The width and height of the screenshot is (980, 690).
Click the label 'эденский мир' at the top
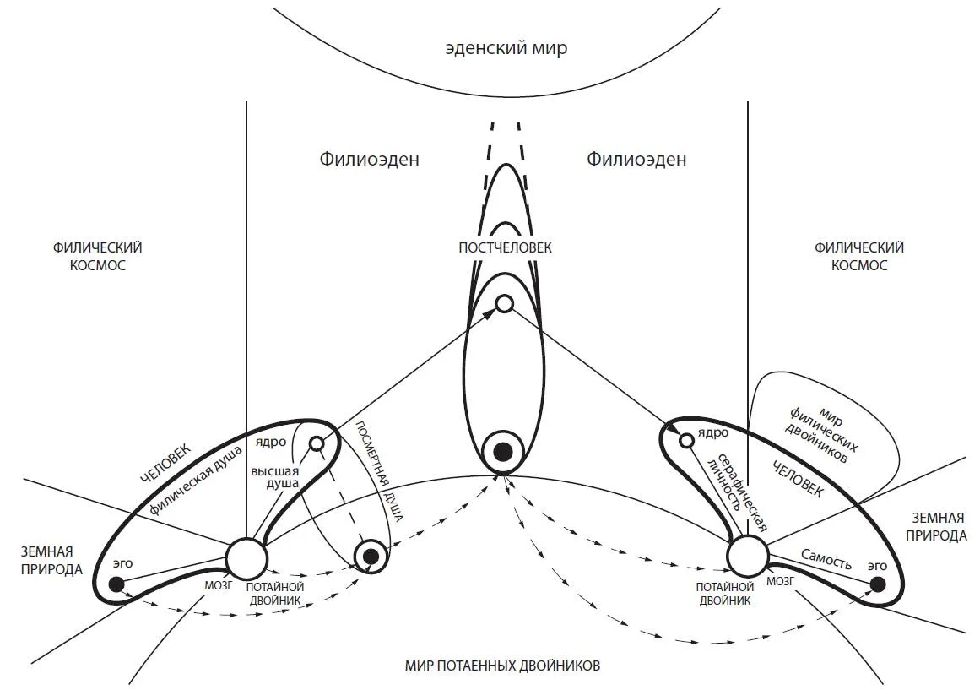[506, 48]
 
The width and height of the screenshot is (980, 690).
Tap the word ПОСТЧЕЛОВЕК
[505, 248]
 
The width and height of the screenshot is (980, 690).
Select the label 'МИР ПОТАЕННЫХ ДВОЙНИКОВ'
[503, 666]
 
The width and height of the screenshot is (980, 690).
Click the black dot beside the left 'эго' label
[116, 584]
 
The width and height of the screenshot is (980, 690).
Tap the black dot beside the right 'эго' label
[878, 584]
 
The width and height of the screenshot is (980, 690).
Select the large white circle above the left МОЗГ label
[246, 557]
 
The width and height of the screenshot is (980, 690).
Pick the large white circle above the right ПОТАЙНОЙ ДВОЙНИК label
[748, 556]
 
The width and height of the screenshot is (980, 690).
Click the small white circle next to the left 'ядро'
[317, 443]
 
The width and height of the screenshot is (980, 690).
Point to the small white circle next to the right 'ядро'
[687, 439]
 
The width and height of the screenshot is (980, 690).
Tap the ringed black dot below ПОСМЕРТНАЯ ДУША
[370, 556]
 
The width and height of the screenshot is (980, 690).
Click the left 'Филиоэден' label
[369, 159]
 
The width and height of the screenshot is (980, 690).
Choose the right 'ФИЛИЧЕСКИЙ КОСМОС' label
[858, 256]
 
